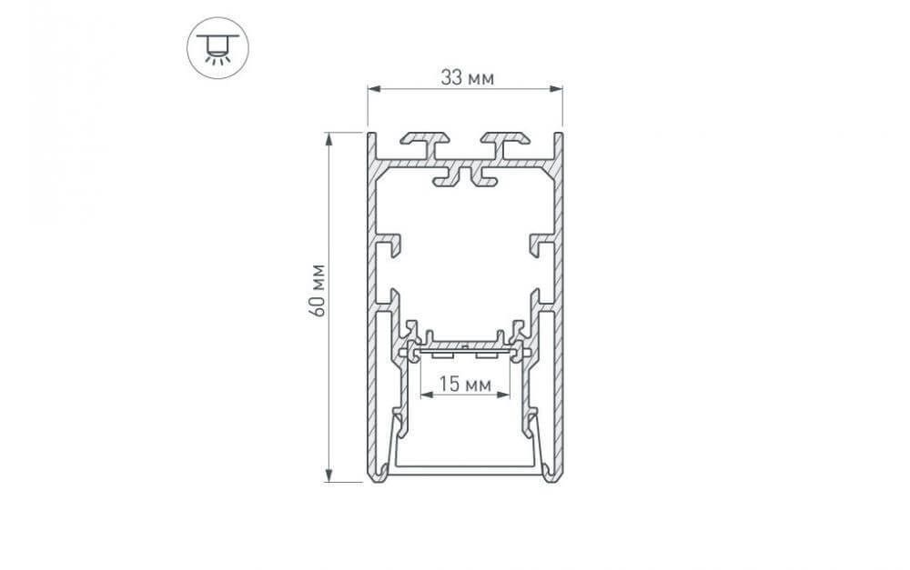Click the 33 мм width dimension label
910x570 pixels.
click(x=467, y=77)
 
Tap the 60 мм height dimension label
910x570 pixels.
click(x=318, y=291)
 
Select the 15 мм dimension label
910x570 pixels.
click(x=465, y=384)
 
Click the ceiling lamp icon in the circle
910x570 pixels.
click(x=217, y=48)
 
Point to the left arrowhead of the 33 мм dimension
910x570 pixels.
click(x=374, y=89)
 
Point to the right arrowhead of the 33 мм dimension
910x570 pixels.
click(x=557, y=89)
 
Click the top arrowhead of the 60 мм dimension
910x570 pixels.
click(x=329, y=139)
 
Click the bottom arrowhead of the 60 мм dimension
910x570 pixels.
click(x=329, y=475)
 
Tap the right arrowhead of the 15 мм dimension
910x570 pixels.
click(x=504, y=395)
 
